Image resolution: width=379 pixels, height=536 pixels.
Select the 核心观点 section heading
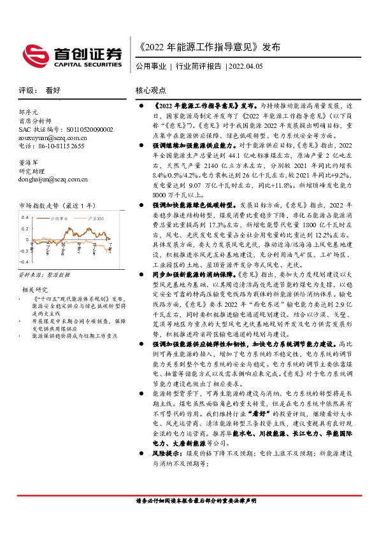tap(151, 90)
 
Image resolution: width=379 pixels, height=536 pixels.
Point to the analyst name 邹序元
tap(29, 111)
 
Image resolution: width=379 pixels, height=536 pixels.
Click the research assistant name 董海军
tap(29, 163)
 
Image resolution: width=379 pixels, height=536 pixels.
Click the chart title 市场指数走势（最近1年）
tap(57, 206)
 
